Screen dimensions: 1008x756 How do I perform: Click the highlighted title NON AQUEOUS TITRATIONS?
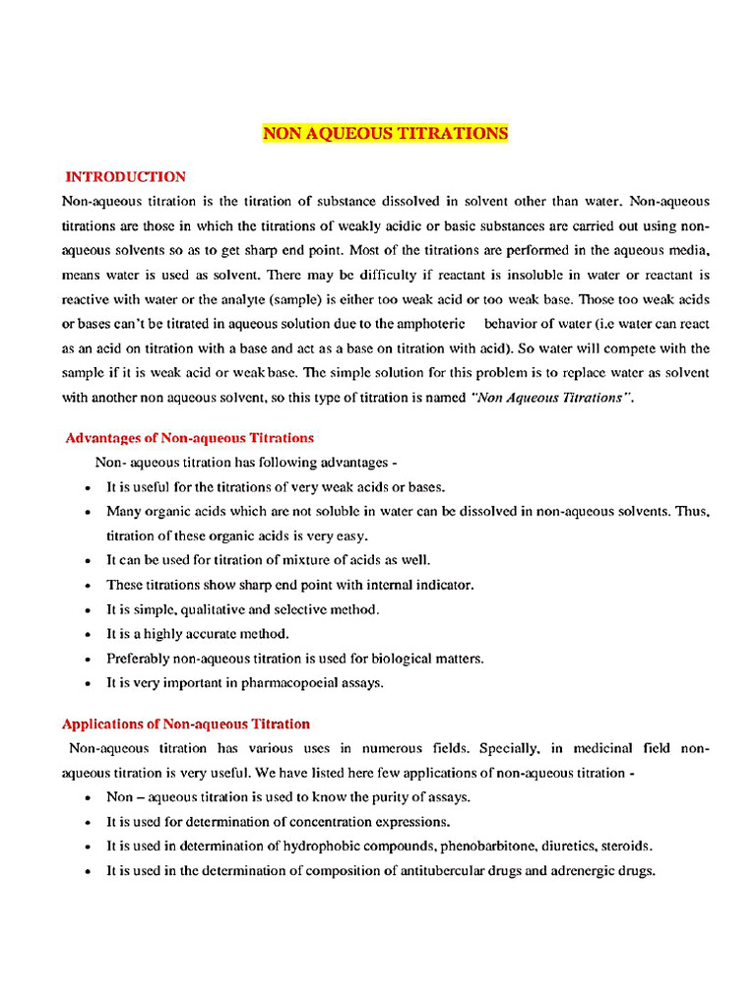tap(385, 133)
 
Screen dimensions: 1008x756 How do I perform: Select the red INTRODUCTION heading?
tap(125, 177)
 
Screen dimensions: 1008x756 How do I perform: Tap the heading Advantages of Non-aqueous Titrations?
tap(189, 438)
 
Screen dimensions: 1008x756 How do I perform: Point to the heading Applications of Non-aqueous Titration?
tap(186, 724)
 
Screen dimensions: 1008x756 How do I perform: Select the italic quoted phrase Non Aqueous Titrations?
tap(551, 398)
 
